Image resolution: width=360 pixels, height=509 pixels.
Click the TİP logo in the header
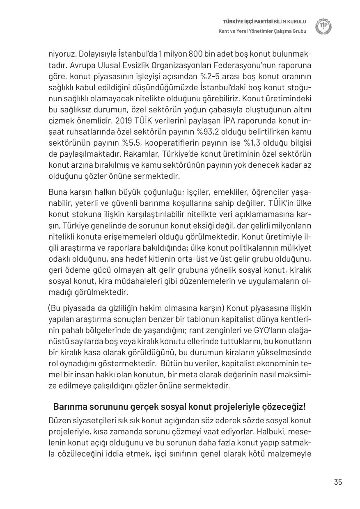tap(323, 27)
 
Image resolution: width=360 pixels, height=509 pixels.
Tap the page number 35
tap(338, 482)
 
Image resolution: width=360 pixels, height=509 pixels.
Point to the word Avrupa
tap(83, 65)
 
